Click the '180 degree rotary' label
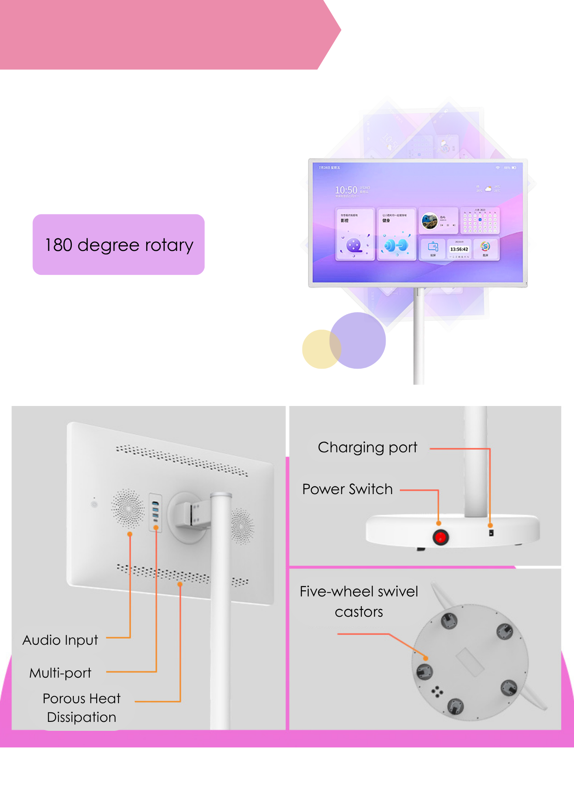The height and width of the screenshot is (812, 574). tap(119, 245)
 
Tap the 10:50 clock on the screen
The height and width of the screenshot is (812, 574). tap(346, 190)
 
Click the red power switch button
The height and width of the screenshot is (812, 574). tap(440, 538)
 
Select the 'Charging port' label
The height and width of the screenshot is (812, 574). tap(367, 447)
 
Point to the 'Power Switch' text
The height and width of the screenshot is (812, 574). tap(347, 489)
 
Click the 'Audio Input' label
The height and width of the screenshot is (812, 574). tap(60, 640)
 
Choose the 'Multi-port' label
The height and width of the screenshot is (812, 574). tap(60, 673)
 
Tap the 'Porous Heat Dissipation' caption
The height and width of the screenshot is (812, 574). tap(82, 708)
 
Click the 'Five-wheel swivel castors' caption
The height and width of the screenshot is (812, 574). tap(359, 601)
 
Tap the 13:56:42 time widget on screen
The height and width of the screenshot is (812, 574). tap(459, 249)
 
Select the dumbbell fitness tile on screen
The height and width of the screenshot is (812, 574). tap(396, 235)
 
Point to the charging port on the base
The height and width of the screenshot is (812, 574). tap(491, 532)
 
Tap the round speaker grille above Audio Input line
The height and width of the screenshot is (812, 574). tap(128, 508)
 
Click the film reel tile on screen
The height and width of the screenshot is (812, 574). tap(354, 235)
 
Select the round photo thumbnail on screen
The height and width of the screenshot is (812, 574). tap(429, 221)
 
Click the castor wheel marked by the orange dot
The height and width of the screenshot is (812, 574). tap(425, 671)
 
